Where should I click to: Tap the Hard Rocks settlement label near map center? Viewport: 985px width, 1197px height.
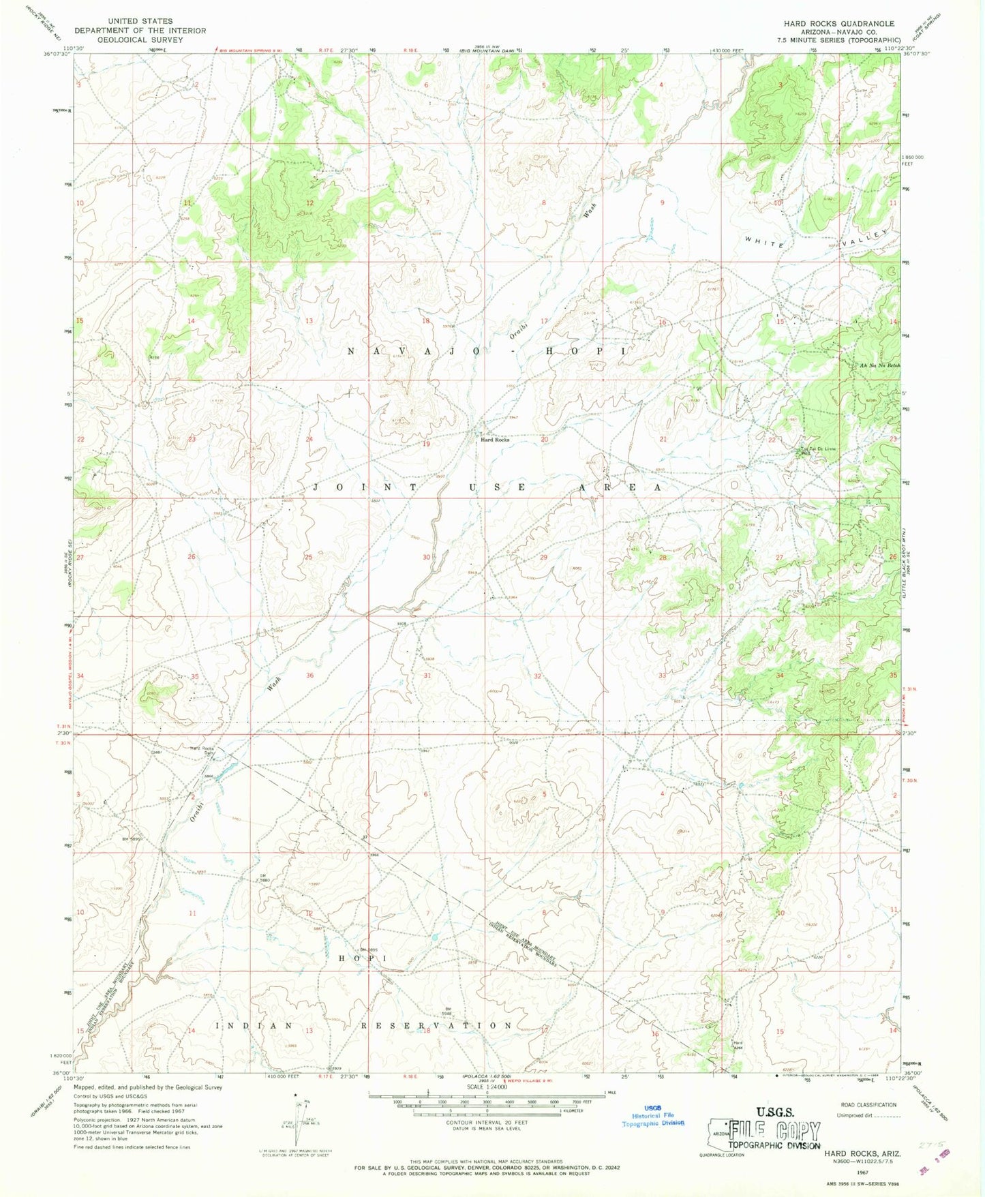click(x=495, y=440)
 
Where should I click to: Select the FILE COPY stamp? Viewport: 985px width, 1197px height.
click(x=774, y=1132)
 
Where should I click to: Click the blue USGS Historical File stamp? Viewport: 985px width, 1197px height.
click(x=653, y=1115)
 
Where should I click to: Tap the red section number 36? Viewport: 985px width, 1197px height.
click(x=310, y=676)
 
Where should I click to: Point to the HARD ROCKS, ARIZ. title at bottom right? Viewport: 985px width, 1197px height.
click(x=862, y=1153)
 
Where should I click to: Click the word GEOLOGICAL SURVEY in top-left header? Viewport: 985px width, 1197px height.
click(x=140, y=40)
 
